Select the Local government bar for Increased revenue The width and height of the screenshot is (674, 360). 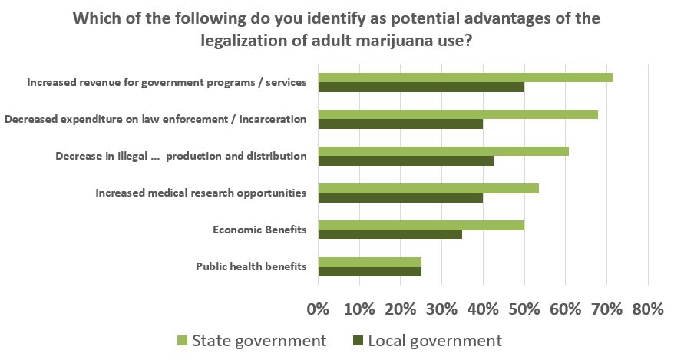421,87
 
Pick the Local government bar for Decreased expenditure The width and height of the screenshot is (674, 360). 401,124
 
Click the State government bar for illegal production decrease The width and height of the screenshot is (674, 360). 444,151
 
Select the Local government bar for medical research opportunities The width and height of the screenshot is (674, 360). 401,198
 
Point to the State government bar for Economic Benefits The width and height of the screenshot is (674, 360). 421,225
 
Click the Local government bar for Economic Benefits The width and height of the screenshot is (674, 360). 390,235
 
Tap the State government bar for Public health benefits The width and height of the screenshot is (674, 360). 370,262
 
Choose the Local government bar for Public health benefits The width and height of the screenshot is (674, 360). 370,272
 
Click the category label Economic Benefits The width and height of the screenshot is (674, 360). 259,230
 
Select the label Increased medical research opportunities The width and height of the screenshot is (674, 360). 201,193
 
